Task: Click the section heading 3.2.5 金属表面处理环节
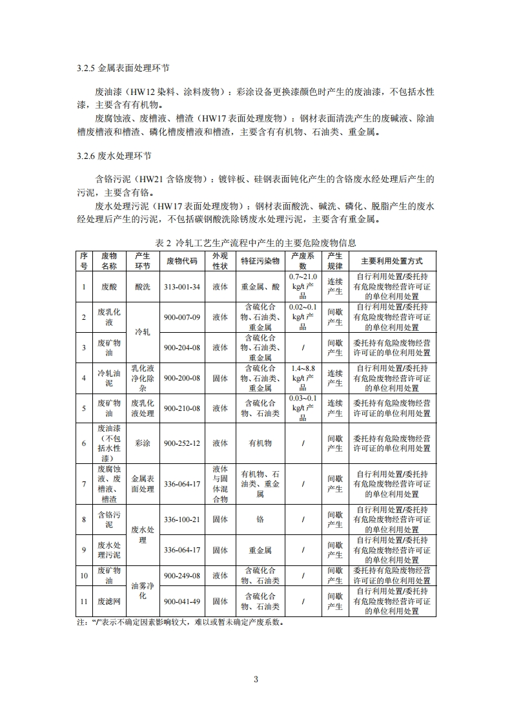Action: tap(123, 68)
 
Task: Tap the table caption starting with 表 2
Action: tap(256, 243)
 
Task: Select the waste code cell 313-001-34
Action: tap(182, 287)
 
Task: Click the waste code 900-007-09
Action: tap(182, 317)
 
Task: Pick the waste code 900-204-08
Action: tap(182, 348)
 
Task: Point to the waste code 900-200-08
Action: tap(182, 378)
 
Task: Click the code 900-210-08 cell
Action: tap(182, 408)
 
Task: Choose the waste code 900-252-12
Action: tap(182, 443)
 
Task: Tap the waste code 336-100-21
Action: tap(182, 520)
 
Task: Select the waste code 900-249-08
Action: tap(182, 575)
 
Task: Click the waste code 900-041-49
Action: tap(182, 602)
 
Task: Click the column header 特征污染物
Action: tap(260, 261)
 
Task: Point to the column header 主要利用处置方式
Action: tap(392, 261)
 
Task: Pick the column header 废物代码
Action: tap(182, 261)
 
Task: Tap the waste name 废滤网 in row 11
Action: tap(109, 602)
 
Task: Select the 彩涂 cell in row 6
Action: tap(143, 443)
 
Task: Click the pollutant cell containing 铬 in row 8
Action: tap(260, 520)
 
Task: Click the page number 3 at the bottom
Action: tap(256, 679)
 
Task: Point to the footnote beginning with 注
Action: tap(180, 623)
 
